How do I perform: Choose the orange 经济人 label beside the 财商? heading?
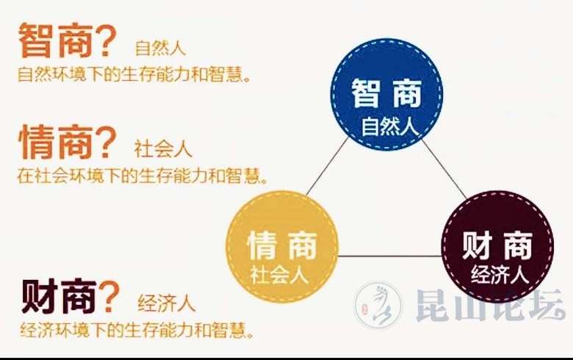tap(166, 303)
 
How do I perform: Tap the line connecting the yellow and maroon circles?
tap(389, 256)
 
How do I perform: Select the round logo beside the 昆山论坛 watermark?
tap(378, 307)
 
